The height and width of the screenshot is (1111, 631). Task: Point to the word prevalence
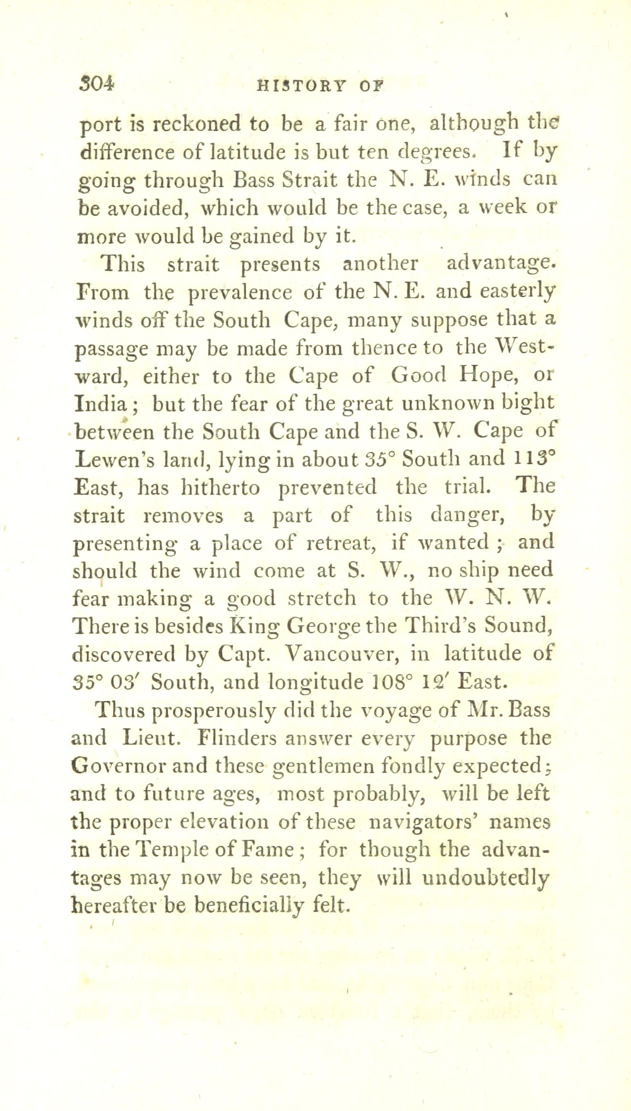pos(241,292)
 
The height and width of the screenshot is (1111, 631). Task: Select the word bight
pos(530,404)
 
